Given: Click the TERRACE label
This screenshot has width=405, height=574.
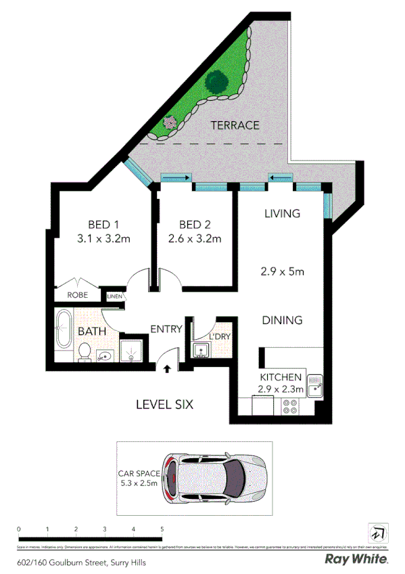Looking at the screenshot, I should pos(235,125).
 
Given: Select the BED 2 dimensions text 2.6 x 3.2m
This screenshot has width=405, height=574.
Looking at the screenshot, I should pos(195,238).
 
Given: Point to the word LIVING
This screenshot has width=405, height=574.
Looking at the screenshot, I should pos(282,214).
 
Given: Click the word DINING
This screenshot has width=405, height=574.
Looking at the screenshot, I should pos(282,320).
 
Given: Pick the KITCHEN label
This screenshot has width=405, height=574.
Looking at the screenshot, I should pos(281,378).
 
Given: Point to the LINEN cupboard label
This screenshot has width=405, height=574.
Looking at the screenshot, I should pos(114,296).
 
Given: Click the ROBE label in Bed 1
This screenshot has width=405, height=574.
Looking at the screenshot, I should pos(77,295).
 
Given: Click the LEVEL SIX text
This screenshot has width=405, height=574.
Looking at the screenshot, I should pos(165,405).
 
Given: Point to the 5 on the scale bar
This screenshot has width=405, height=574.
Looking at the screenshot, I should pos(162,529).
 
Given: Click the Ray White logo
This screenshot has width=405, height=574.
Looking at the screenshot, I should pos(356,559).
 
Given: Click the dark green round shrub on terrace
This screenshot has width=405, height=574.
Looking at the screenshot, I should pos(217,83).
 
